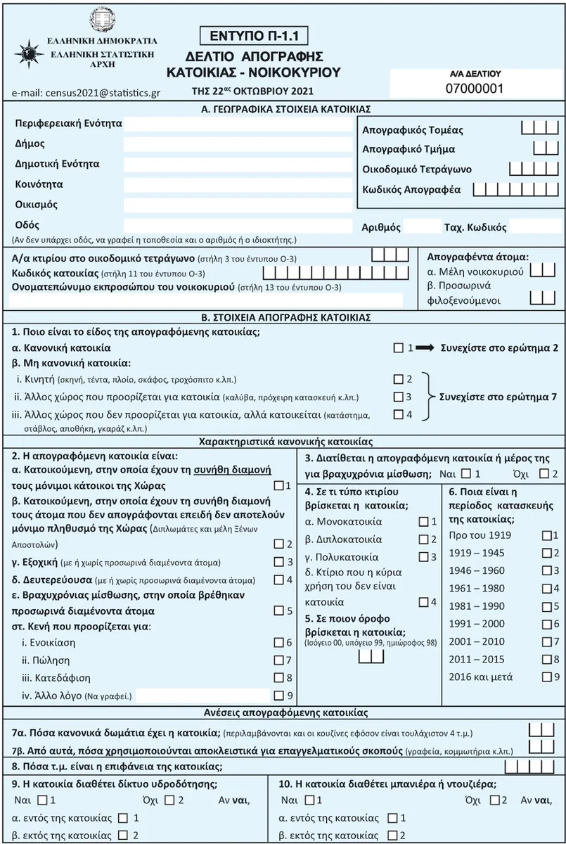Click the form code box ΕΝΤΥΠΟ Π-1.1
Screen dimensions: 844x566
254,34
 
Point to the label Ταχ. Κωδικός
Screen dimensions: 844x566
475,227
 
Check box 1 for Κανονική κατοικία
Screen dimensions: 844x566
399,348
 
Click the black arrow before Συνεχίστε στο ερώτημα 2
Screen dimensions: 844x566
425,348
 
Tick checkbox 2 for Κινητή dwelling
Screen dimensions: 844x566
399,379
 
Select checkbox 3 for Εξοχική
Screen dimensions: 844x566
278,562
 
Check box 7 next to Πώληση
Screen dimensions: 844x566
278,660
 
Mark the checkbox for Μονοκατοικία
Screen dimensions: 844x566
423,522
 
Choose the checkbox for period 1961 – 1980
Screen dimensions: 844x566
547,588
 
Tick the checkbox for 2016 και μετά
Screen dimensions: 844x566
547,677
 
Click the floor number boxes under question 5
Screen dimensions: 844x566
371,656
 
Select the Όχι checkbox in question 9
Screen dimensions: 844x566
167,800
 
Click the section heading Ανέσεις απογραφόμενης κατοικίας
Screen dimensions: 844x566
283,712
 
